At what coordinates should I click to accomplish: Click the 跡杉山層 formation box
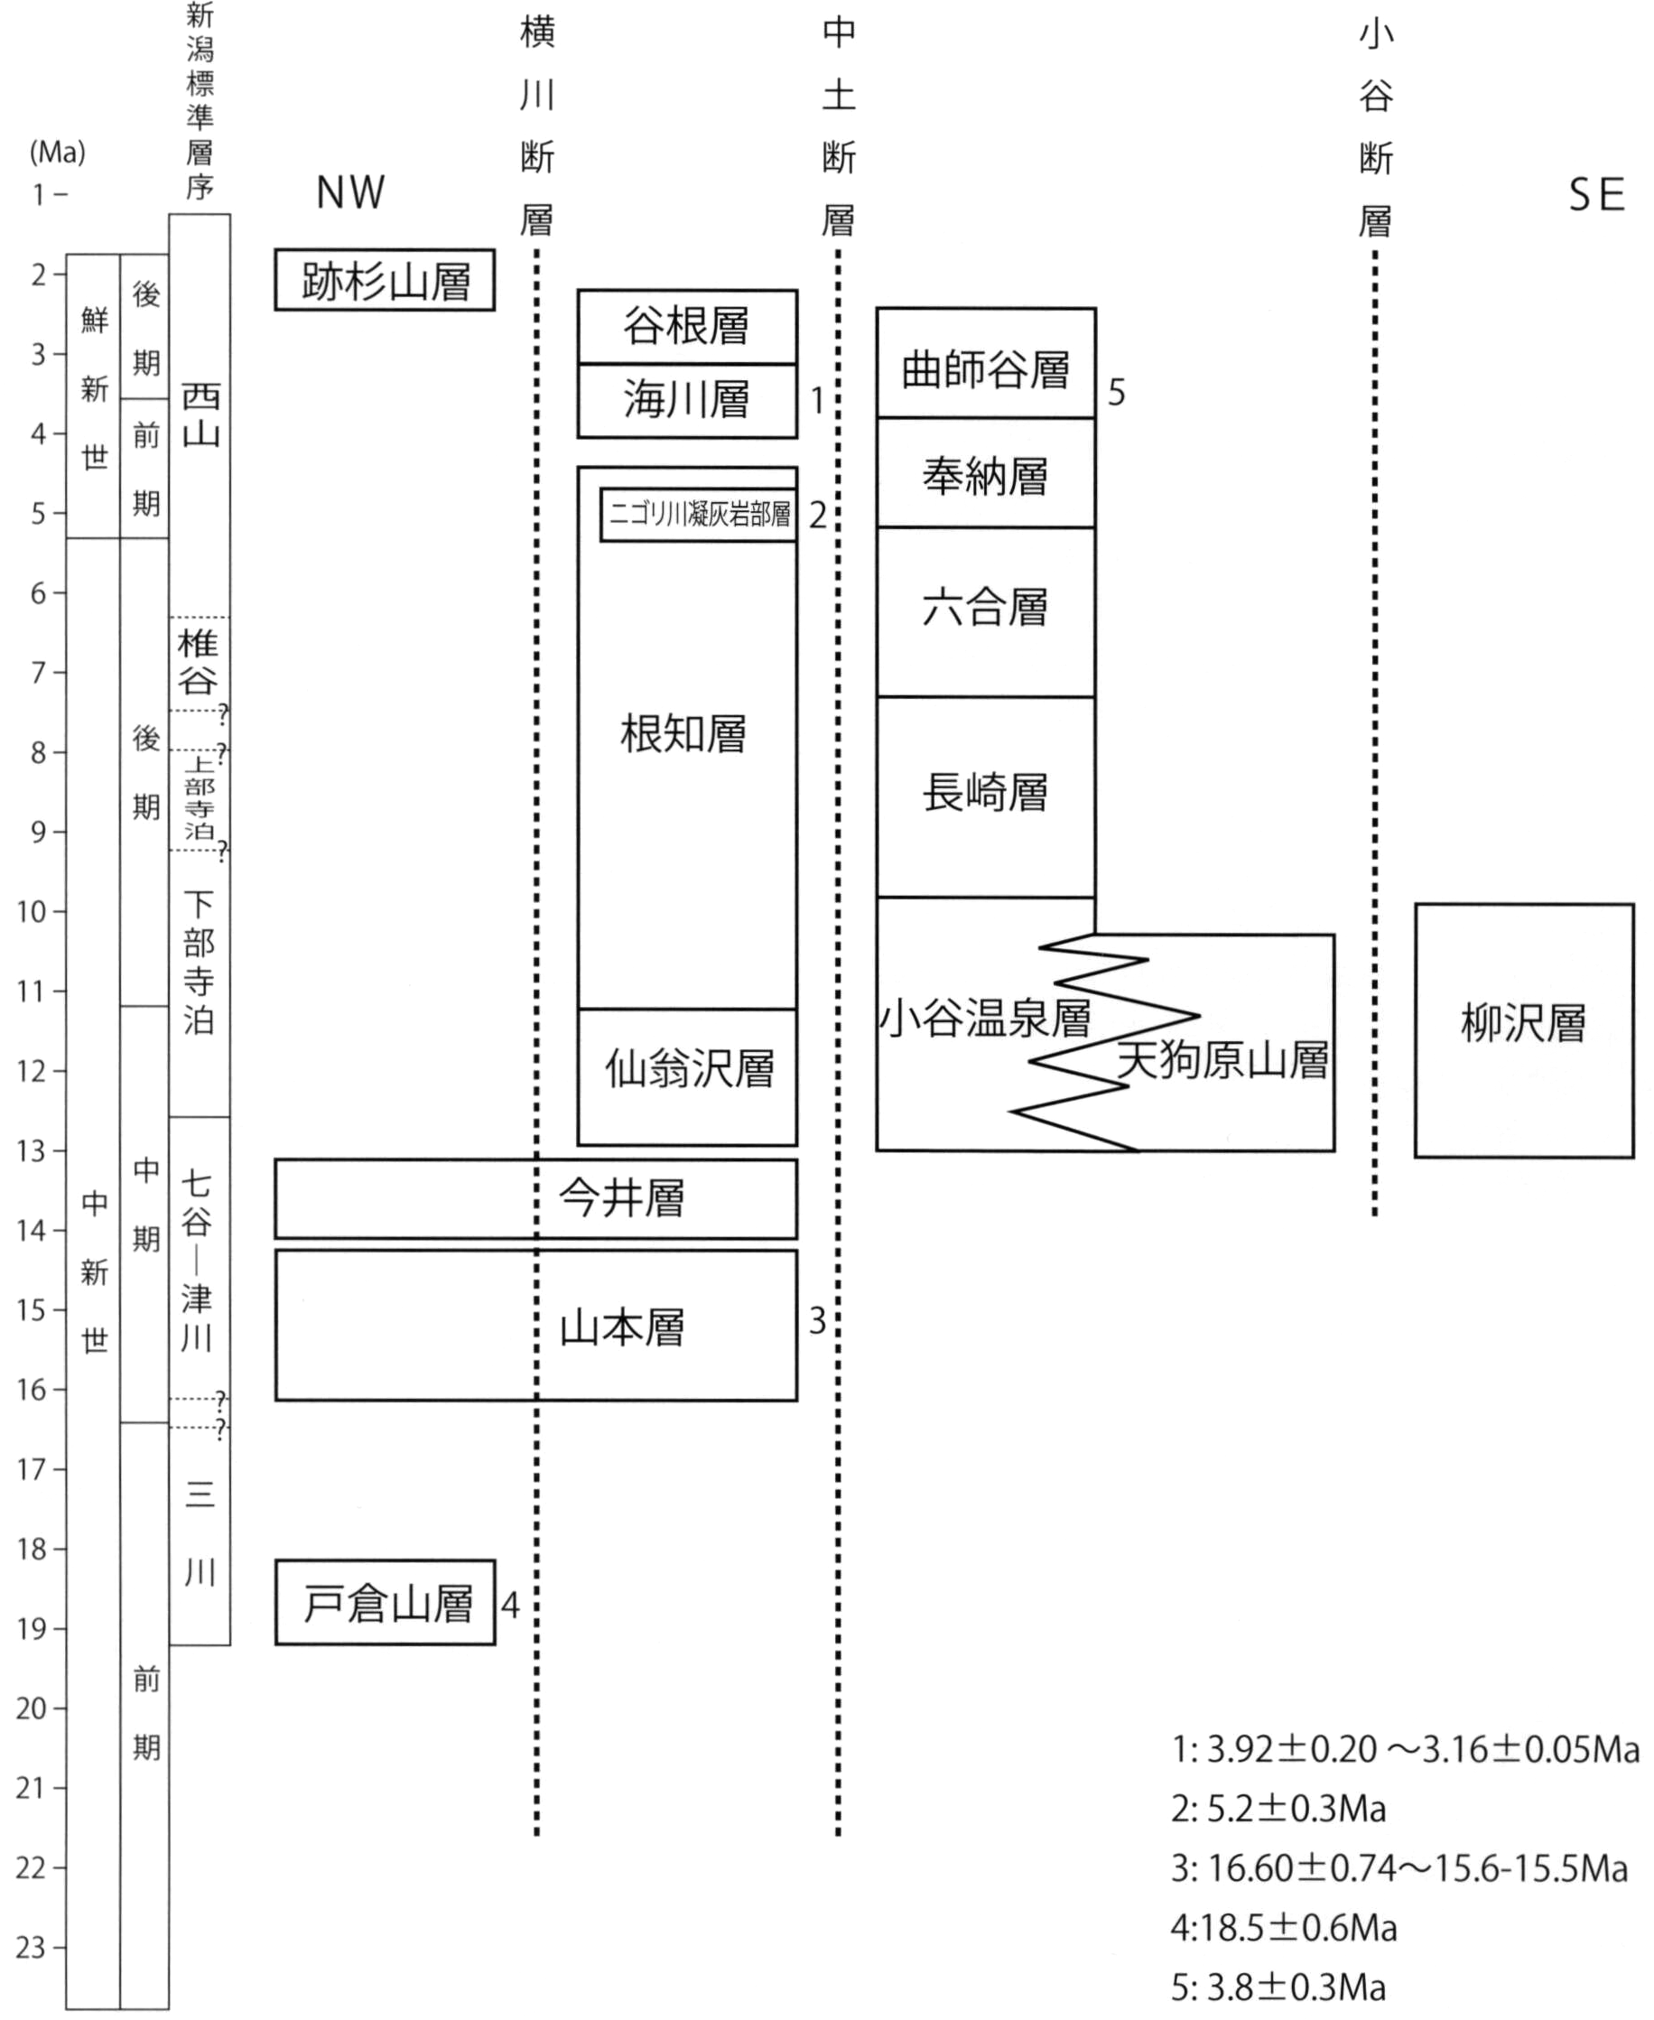(385, 280)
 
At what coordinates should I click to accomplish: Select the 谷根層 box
(687, 327)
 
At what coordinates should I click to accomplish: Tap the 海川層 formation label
(687, 399)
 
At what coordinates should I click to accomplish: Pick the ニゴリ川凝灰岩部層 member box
(699, 515)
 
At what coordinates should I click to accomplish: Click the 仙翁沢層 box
(687, 1076)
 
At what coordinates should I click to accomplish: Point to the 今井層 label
(621, 1197)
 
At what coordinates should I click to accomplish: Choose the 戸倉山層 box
(385, 1603)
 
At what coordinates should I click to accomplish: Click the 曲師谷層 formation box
(986, 363)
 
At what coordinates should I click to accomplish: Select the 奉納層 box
(986, 472)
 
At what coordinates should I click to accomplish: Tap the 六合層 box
(986, 611)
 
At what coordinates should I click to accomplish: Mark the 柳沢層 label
(1523, 1024)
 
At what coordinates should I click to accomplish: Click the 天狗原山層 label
(1223, 1059)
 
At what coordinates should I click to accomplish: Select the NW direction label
(350, 193)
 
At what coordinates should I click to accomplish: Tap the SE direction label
(1597, 195)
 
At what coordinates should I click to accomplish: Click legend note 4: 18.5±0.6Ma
(1283, 1928)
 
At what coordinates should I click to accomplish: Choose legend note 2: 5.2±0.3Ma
(1278, 1809)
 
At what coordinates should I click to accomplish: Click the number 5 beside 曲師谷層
(1117, 393)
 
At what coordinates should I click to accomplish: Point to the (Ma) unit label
(58, 152)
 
